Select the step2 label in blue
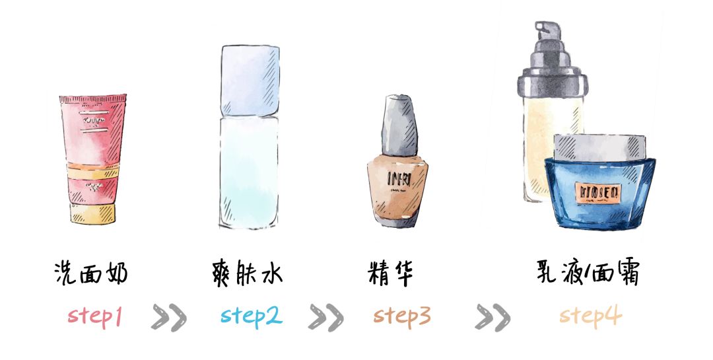(252, 316)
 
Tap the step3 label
(402, 316)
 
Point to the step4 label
(590, 316)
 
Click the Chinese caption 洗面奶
(90, 273)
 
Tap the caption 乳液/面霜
(588, 273)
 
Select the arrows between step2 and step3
(325, 317)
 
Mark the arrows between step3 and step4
(492, 317)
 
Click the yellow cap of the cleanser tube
(92, 213)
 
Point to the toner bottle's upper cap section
(249, 79)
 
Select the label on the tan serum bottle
(398, 178)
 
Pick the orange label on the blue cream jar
(599, 192)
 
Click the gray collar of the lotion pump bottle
(552, 83)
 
